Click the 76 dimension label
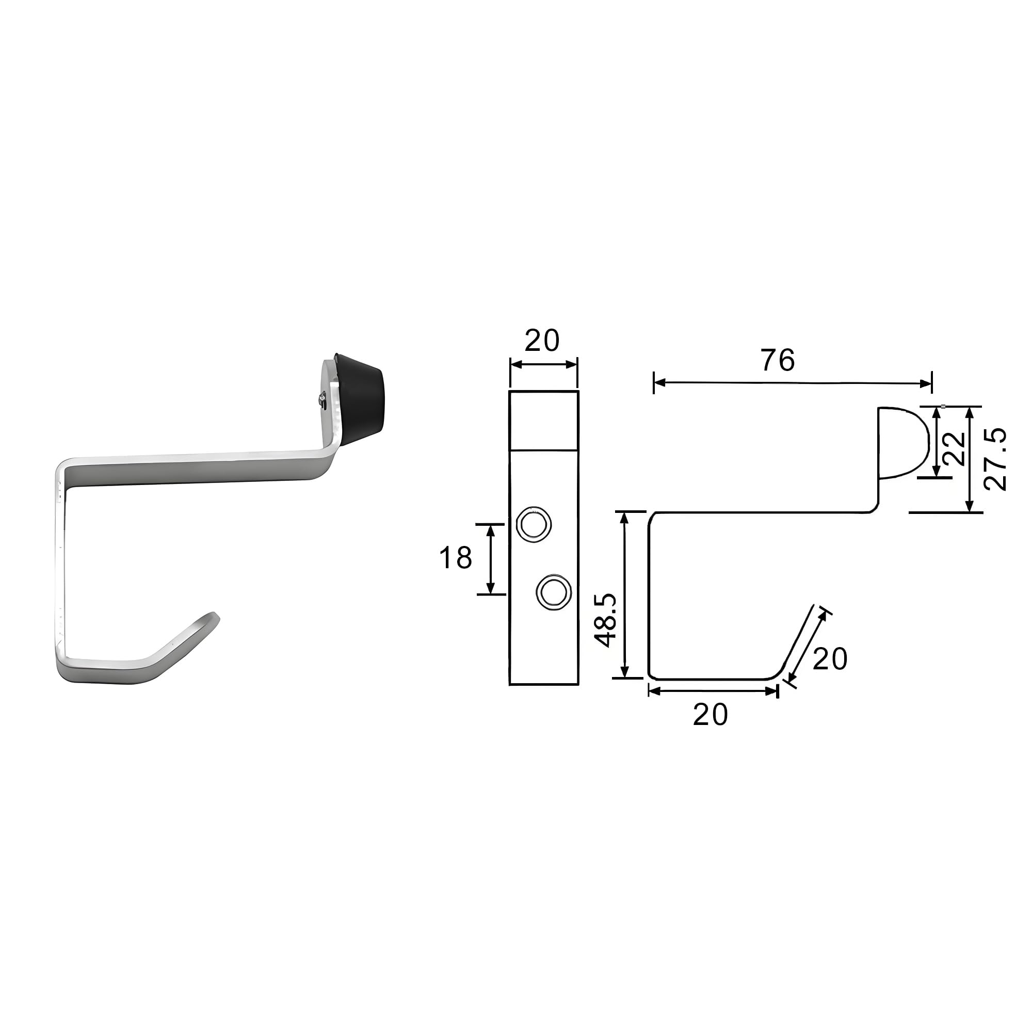coord(778,360)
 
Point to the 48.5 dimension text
coord(607,620)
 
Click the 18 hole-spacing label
coord(456,558)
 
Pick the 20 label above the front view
coord(542,340)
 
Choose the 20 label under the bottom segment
coord(711,714)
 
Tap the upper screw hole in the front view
coord(534,524)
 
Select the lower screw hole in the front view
coord(554,592)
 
